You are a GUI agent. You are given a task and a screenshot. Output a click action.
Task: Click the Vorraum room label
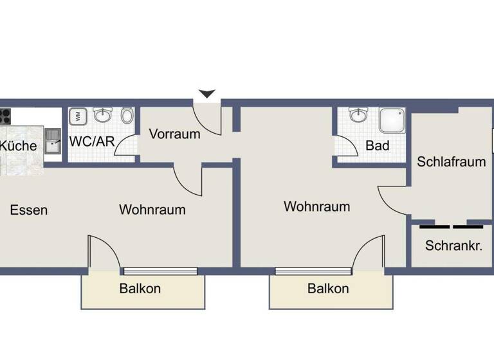tap(174, 134)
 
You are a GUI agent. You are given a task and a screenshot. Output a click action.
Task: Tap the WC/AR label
tap(92, 141)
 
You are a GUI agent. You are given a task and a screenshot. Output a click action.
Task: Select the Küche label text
tap(18, 146)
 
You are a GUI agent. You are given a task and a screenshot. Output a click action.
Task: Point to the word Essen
tap(29, 210)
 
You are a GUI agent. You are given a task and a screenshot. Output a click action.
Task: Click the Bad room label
tap(378, 146)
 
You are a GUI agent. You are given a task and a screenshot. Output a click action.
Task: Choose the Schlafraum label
tap(451, 161)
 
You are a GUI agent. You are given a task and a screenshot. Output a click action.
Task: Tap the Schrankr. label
tap(453, 246)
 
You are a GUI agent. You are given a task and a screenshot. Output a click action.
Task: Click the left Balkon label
tap(140, 289)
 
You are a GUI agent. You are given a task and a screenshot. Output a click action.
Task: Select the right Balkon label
tap(328, 289)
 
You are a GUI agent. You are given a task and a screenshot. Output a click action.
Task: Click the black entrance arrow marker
tap(206, 94)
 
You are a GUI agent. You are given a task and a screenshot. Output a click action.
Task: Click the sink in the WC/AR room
tap(102, 115)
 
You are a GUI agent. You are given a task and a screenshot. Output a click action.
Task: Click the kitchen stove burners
tap(5, 116)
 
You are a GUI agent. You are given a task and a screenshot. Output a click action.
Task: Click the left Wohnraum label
tap(152, 210)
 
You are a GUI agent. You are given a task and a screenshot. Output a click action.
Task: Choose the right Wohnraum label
tap(316, 207)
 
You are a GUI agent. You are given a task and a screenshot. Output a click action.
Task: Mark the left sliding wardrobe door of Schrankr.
tap(435, 226)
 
